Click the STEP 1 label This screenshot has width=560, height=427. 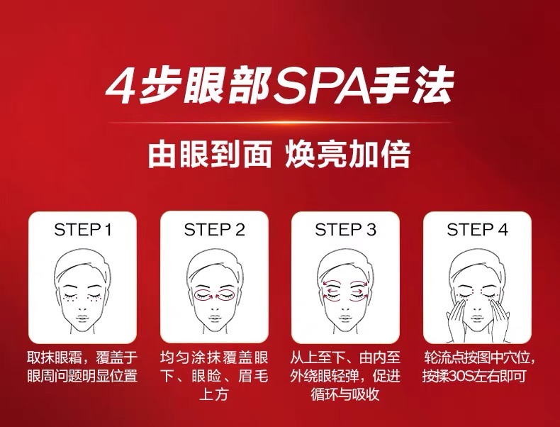click(x=83, y=229)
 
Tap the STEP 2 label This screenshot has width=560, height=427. click(x=214, y=229)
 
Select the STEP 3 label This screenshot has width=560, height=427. click(x=345, y=229)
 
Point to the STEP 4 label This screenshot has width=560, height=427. click(x=477, y=229)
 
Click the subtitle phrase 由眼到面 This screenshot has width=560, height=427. click(x=210, y=155)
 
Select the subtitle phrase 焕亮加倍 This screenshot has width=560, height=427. click(x=347, y=155)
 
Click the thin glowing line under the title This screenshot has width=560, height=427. click(x=280, y=123)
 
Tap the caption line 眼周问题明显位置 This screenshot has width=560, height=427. click(x=82, y=376)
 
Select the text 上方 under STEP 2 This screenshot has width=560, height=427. click(x=213, y=394)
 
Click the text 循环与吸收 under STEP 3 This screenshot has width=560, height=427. click(x=345, y=394)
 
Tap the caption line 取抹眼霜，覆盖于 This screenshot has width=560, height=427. click(x=82, y=357)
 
